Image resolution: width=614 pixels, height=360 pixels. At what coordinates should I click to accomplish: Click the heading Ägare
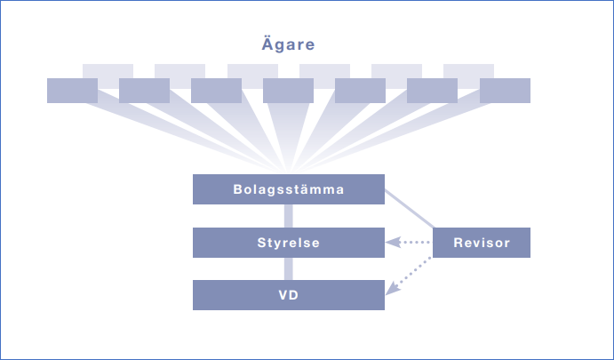(x=289, y=44)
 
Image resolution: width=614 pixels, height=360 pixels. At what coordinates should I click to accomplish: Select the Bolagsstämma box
(x=288, y=189)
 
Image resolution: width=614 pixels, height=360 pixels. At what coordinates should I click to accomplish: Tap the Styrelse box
(x=288, y=243)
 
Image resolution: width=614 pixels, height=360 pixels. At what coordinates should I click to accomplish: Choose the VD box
(x=288, y=295)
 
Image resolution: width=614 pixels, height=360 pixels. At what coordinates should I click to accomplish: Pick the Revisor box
(x=481, y=243)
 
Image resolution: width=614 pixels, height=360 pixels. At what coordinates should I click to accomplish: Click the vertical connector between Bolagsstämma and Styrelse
(x=288, y=216)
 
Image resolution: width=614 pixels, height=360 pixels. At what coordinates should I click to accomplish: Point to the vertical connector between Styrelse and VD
(x=288, y=268)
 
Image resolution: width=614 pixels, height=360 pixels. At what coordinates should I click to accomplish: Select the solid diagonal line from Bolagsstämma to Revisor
(x=409, y=209)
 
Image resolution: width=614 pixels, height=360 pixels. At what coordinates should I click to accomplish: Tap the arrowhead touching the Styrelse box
(x=390, y=243)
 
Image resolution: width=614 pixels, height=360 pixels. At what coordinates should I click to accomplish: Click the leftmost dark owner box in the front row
(x=72, y=90)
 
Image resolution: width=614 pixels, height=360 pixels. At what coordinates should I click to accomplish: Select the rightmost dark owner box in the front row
(x=505, y=90)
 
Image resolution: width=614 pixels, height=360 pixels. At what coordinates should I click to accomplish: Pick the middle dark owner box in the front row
(x=288, y=90)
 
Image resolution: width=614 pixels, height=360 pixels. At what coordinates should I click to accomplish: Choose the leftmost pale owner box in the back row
(x=108, y=69)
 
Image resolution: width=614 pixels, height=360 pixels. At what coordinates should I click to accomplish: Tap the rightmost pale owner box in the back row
(x=468, y=69)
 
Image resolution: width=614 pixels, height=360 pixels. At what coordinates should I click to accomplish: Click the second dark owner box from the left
(x=144, y=90)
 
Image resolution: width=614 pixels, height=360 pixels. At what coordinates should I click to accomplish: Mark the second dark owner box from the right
(x=433, y=90)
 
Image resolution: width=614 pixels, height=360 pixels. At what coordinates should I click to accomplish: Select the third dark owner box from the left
(x=216, y=90)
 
